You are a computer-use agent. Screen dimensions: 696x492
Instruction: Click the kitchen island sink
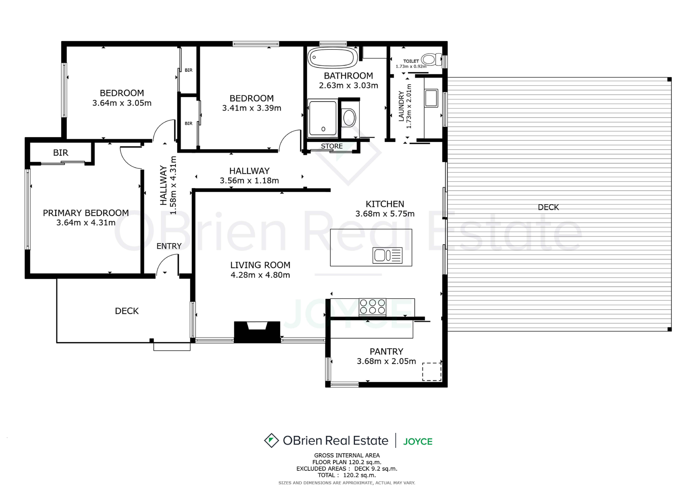[387, 255]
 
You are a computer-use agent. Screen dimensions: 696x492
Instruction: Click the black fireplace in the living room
[257, 332]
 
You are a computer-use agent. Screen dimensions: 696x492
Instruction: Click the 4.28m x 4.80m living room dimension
[260, 275]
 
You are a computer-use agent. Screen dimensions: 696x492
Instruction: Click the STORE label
[332, 146]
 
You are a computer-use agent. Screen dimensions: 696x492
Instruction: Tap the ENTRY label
[169, 246]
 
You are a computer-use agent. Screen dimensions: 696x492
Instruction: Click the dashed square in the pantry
[432, 372]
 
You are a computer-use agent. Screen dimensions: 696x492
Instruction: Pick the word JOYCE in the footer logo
[418, 442]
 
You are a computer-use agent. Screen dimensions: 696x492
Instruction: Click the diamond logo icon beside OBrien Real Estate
[271, 440]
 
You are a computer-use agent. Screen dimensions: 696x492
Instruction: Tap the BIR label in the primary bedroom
[61, 153]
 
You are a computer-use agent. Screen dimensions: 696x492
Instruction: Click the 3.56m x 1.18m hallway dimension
[249, 181]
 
